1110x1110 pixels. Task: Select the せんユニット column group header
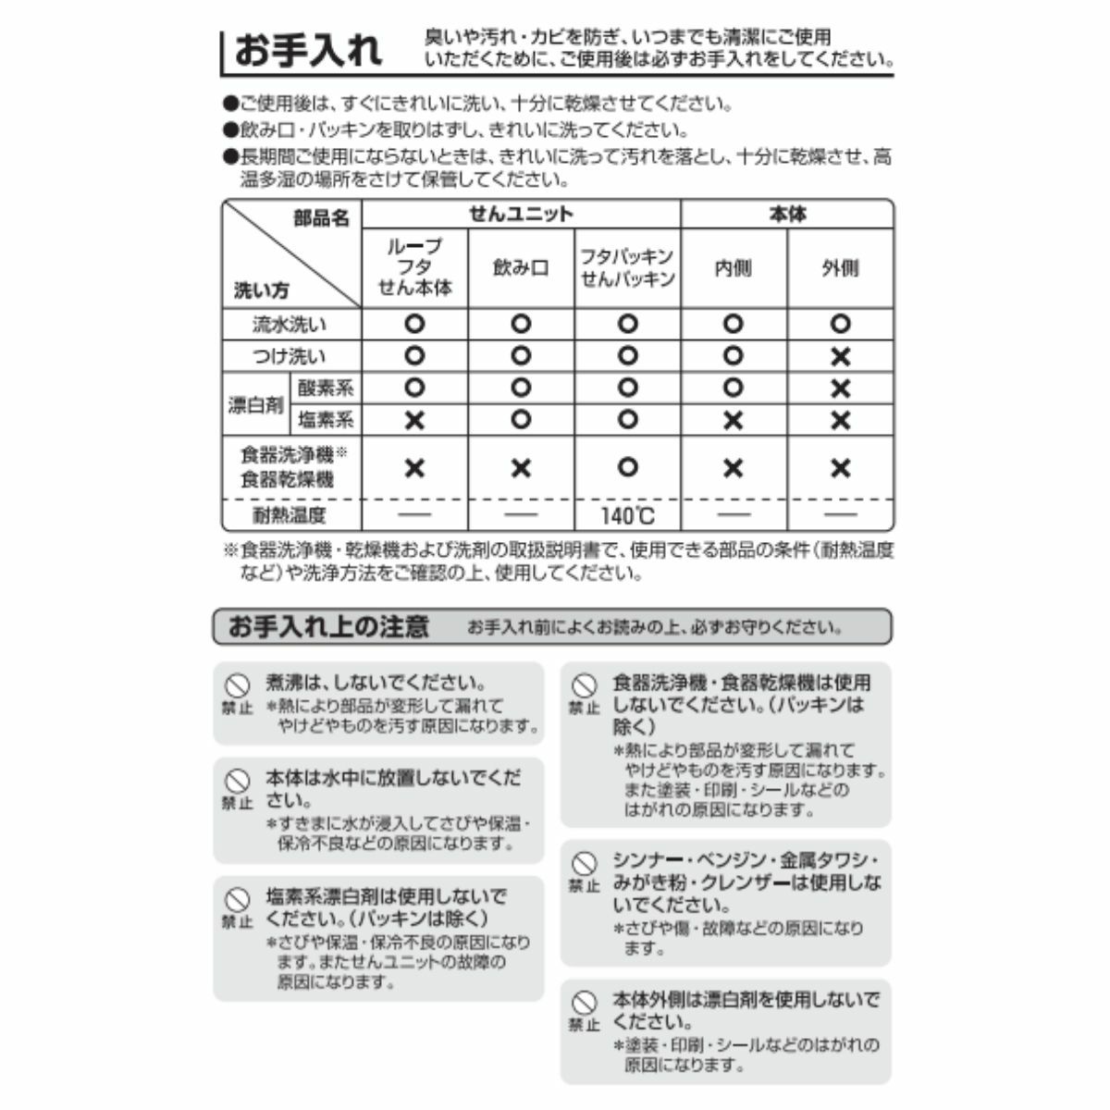pos(521,215)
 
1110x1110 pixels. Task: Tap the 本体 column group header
pos(787,215)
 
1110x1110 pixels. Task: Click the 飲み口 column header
pos(521,268)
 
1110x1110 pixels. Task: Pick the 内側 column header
pos(733,268)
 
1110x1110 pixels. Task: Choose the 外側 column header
pos(840,268)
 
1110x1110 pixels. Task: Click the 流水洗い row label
pos(290,325)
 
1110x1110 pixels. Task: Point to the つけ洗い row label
pos(290,356)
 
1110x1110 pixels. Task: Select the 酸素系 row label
pos(326,388)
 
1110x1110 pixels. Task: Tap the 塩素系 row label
pos(326,420)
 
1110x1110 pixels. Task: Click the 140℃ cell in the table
pos(627,515)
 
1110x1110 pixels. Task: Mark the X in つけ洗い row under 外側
pos(840,356)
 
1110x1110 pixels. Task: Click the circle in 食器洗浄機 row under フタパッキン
pos(627,467)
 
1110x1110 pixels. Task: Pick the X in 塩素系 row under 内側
pos(733,420)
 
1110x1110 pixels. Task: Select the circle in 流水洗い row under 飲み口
pos(521,325)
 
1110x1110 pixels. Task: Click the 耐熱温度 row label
pos(290,515)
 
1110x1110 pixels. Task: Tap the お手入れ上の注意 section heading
pos(328,627)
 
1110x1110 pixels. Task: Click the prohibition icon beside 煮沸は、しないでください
pos(238,686)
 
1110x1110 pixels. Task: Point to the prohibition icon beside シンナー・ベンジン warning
pos(584,864)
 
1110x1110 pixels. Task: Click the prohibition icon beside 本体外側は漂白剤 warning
pos(584,1003)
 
